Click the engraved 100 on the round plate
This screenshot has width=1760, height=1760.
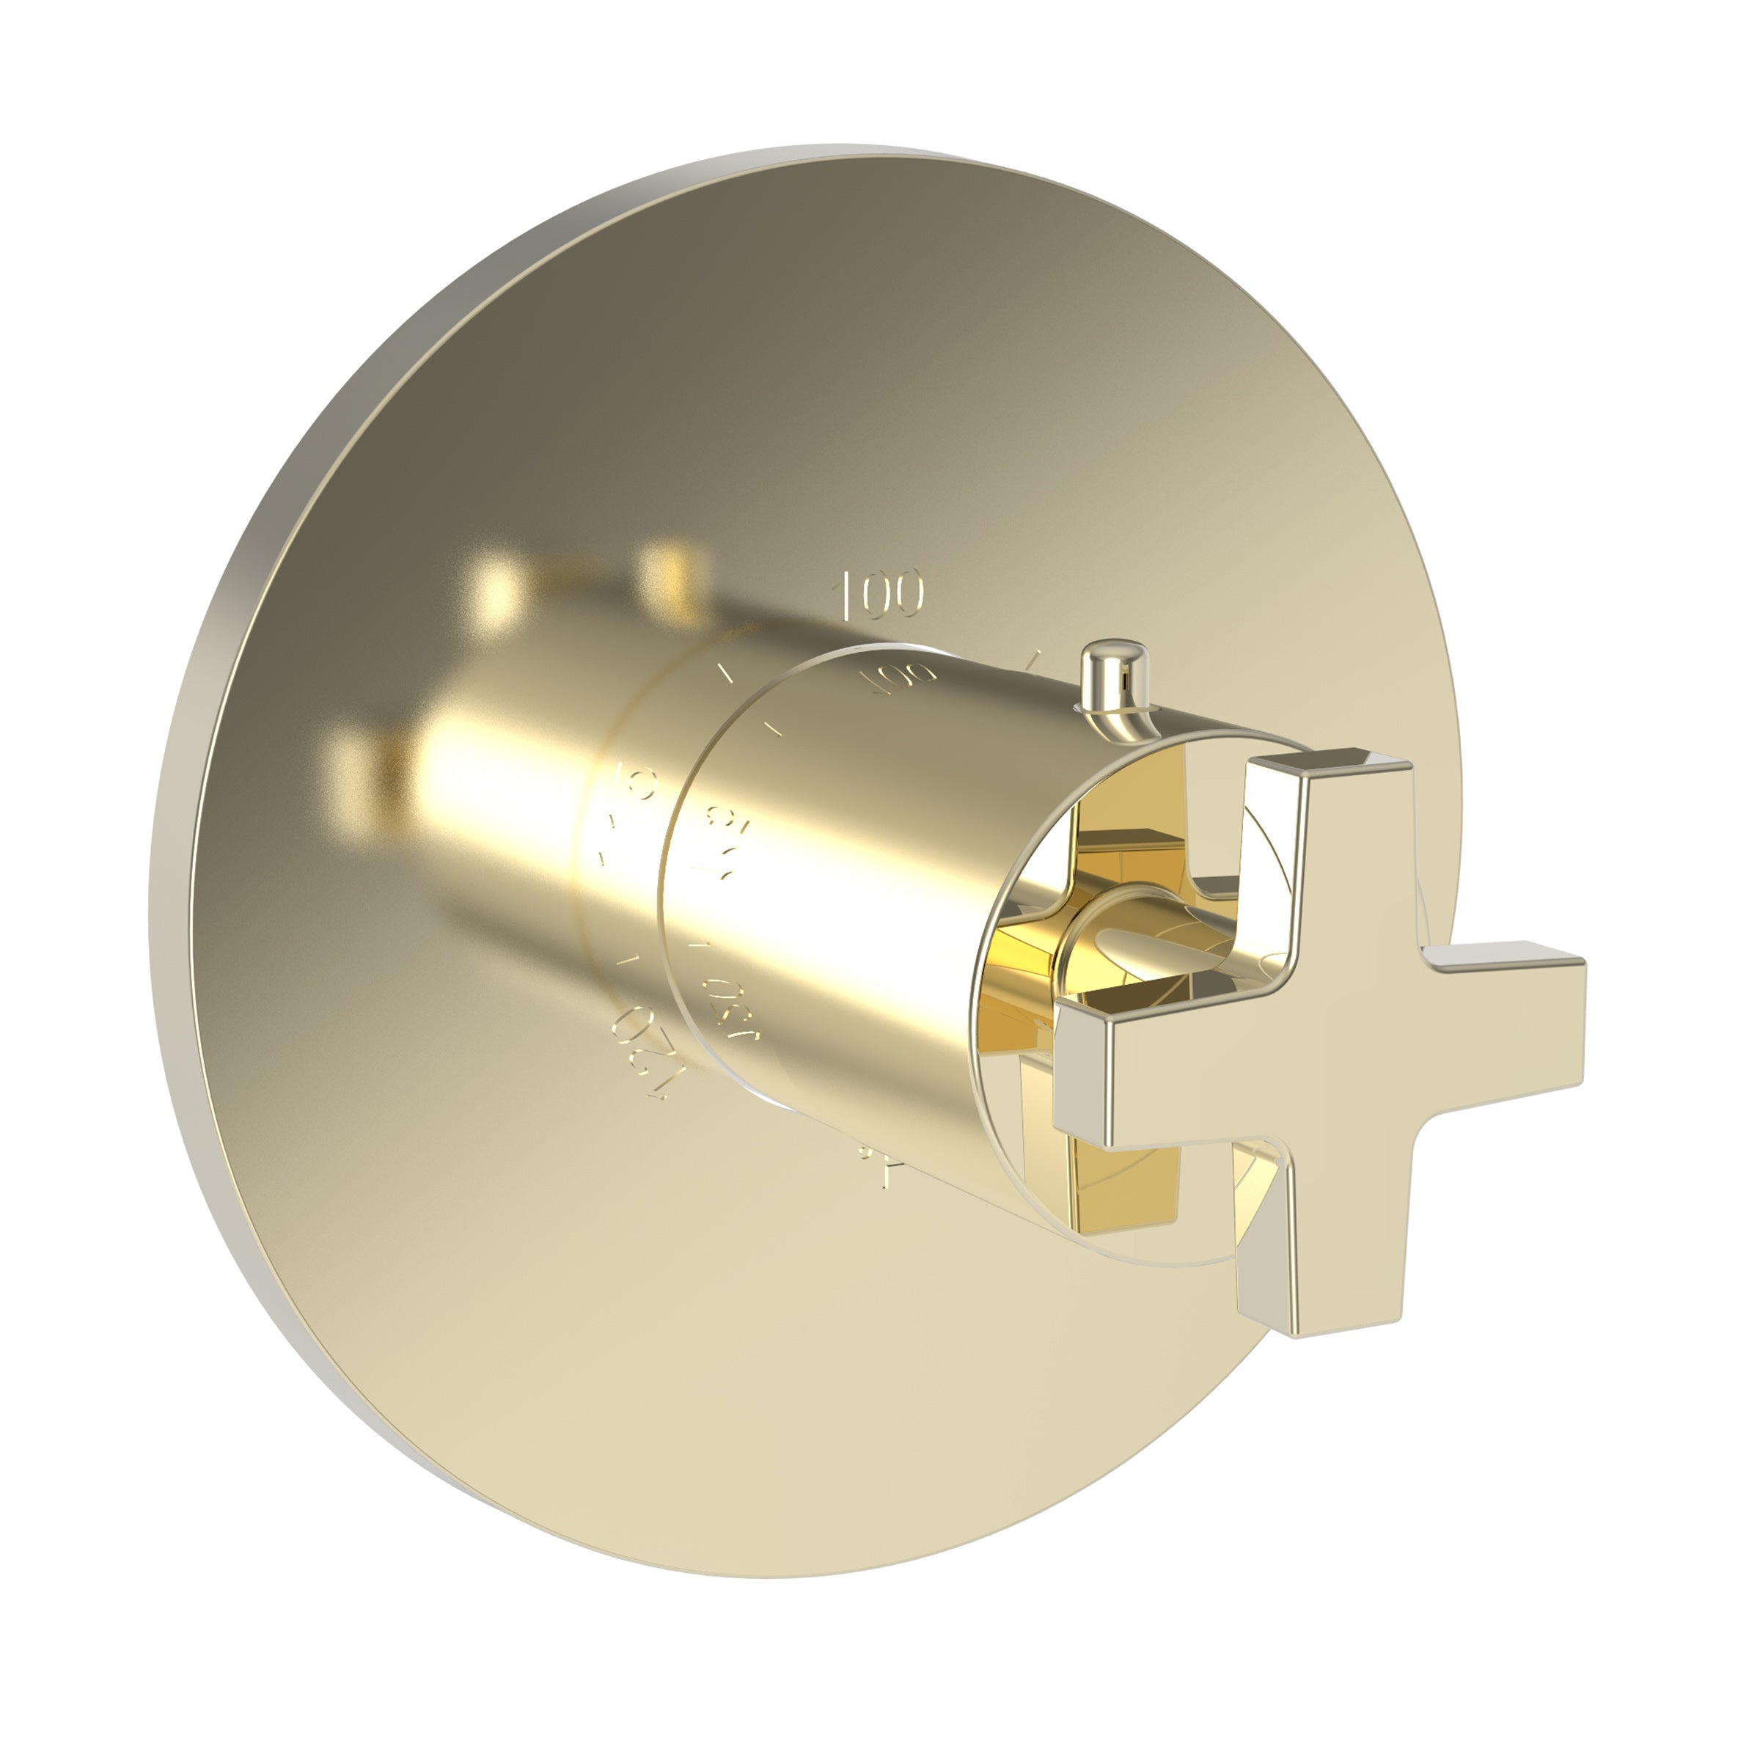[x=880, y=593]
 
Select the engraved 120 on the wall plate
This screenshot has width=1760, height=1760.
[x=644, y=1057]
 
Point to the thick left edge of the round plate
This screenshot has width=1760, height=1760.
[x=173, y=820]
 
